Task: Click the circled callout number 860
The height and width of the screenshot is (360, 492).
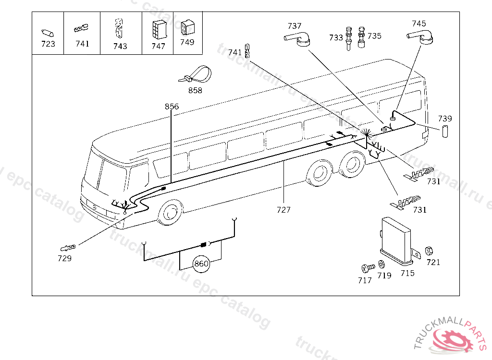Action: [x=201, y=264]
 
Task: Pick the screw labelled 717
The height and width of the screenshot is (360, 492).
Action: [x=368, y=268]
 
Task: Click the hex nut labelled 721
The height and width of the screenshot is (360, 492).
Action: [x=429, y=251]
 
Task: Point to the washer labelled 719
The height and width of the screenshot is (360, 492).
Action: [x=381, y=264]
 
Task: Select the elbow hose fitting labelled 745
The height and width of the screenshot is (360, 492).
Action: [x=420, y=36]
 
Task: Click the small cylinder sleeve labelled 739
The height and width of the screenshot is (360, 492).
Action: [x=445, y=131]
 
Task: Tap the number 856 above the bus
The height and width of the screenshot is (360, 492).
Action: [x=172, y=107]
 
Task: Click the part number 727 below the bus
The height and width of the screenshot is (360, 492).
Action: [x=283, y=209]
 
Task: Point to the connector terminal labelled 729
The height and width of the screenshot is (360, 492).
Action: [x=68, y=248]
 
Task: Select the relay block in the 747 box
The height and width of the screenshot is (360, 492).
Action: [x=160, y=29]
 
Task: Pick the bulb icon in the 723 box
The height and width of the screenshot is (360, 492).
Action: [x=48, y=33]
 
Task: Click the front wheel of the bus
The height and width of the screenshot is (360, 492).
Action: [x=171, y=213]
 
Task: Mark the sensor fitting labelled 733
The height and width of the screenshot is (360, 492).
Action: [x=349, y=38]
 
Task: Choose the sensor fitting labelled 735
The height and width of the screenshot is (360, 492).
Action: [x=361, y=37]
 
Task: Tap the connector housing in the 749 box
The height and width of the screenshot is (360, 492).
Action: [x=188, y=27]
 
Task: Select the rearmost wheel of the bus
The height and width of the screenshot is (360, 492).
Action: [x=353, y=165]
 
